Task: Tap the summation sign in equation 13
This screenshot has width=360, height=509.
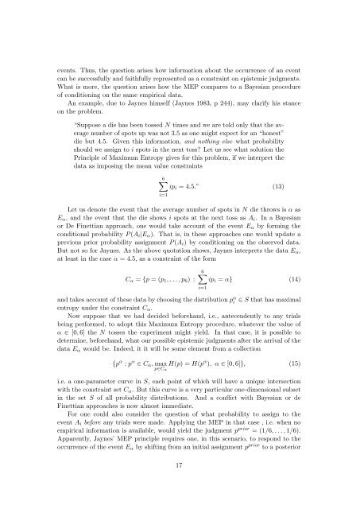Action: pos(184,210)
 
